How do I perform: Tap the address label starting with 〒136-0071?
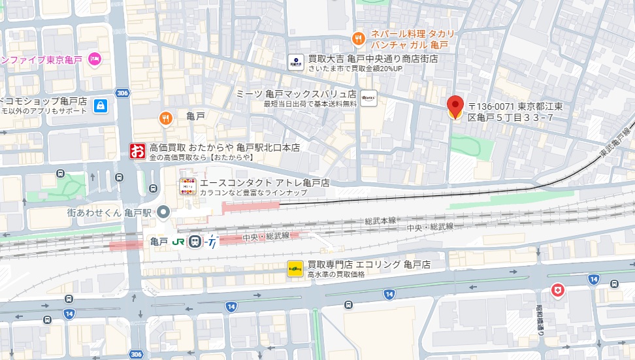(519, 112)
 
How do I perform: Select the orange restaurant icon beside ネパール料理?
(358, 39)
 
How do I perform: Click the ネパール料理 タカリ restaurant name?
(412, 34)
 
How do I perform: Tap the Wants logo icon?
(368, 98)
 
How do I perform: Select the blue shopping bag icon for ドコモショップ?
(100, 105)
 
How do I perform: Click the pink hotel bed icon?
(95, 59)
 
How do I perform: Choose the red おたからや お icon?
(137, 152)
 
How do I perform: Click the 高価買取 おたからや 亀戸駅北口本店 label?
(224, 148)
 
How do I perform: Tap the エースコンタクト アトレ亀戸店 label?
(265, 182)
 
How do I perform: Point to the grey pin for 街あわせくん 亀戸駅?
(163, 212)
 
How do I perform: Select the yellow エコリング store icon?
(295, 268)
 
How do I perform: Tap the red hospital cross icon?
(557, 289)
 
